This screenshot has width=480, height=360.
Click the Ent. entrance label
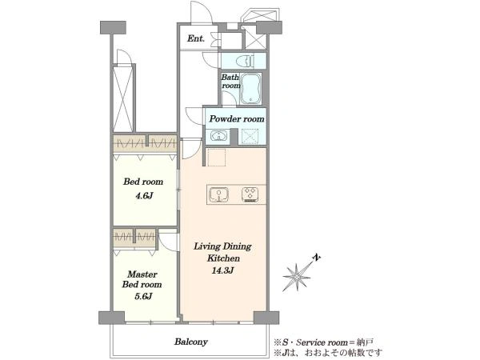[x=196, y=38]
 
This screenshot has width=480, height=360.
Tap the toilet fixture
[x=245, y=62]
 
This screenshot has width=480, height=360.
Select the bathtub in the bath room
[x=250, y=89]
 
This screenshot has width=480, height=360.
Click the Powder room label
[x=237, y=118]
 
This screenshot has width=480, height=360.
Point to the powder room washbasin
[x=218, y=136]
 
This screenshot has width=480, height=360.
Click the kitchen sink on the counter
[x=218, y=194]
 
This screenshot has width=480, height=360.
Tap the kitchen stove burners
[x=250, y=194]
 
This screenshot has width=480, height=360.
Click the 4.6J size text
[x=144, y=196]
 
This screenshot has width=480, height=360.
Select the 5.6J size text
[x=143, y=296]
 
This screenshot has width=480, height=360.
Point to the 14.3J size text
[x=223, y=270]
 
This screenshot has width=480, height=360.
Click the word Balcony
[x=191, y=342]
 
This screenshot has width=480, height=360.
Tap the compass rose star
[x=296, y=278]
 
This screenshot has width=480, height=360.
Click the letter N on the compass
[x=317, y=258]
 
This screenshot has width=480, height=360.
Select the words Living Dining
[x=222, y=246]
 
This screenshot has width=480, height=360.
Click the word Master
[x=142, y=274]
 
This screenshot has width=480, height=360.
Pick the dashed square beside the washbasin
[x=250, y=136]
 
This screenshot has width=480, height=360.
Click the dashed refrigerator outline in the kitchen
[x=217, y=158]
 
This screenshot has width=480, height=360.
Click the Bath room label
[x=231, y=82]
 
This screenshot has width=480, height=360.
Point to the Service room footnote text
[x=323, y=342]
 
